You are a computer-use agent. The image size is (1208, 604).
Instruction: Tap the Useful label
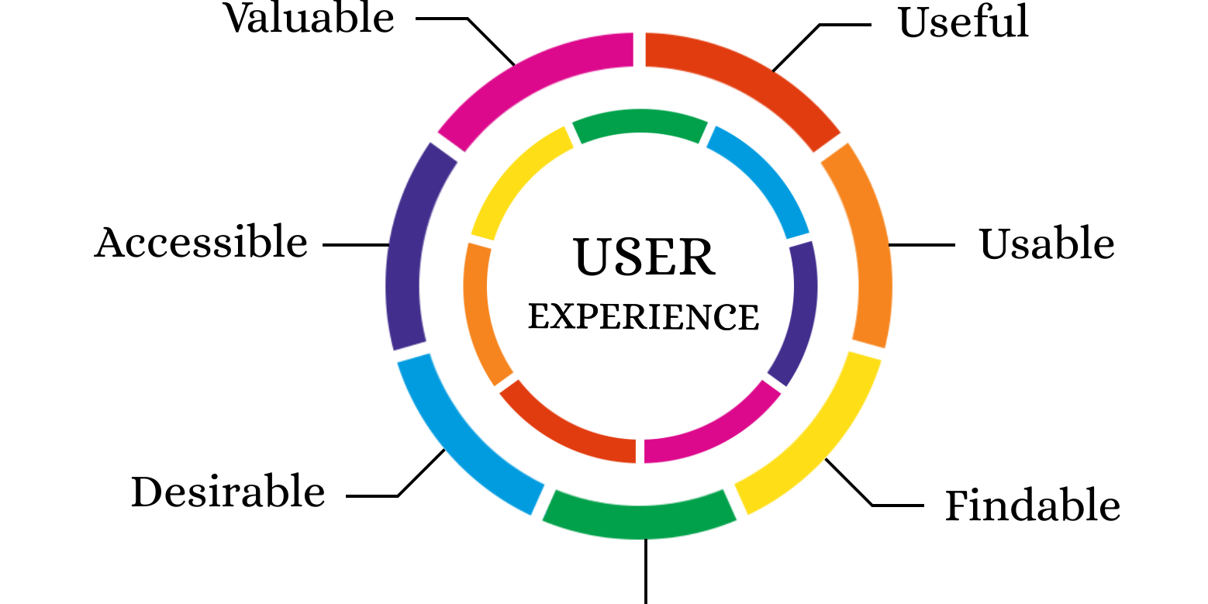963,22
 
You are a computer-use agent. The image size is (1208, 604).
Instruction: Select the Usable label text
1046,244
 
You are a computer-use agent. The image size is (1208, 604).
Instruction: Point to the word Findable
1032,506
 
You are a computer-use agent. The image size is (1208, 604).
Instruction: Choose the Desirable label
228,492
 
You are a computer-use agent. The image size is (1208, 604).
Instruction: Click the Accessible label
201,243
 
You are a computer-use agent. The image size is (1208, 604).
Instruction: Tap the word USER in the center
644,258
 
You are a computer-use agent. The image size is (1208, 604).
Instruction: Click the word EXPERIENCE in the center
644,317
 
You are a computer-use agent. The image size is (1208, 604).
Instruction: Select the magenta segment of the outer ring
535,81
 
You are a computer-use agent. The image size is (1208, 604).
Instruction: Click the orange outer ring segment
865,244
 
